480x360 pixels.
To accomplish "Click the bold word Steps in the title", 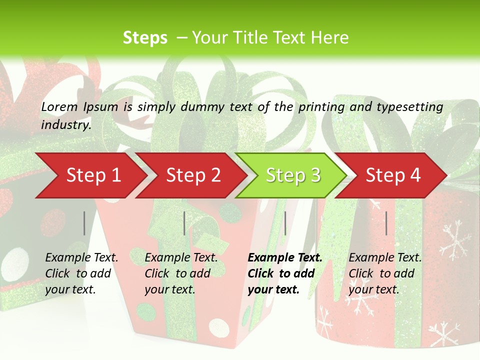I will pos(145,38).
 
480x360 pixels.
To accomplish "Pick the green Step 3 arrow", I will pos(293,175).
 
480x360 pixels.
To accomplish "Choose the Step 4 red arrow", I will pos(393,175).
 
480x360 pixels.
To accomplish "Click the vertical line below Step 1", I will pos(84,223).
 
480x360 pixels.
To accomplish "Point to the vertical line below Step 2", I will pos(184,223).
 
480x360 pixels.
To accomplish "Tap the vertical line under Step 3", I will pos(285,223).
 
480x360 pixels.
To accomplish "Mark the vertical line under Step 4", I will pos(386,223).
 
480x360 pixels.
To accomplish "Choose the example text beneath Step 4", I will pos(385,273).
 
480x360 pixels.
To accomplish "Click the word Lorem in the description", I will pos(59,106).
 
